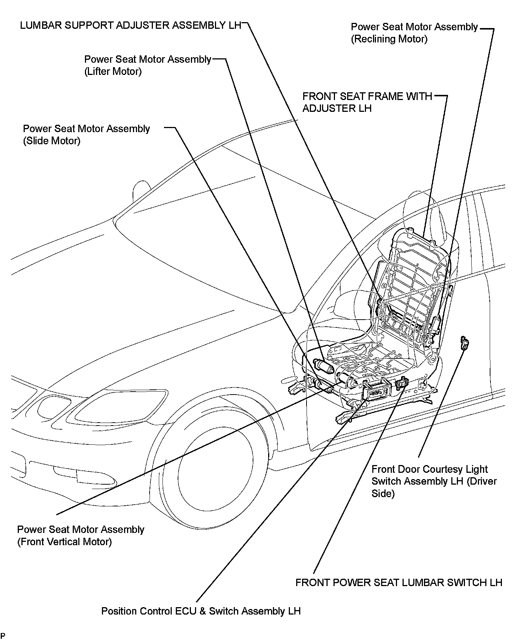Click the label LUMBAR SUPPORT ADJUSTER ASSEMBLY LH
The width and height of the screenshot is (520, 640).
(130, 25)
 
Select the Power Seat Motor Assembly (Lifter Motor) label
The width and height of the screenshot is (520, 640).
(147, 65)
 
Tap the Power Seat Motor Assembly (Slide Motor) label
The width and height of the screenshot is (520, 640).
(86, 135)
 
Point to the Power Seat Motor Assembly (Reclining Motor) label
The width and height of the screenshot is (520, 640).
(414, 33)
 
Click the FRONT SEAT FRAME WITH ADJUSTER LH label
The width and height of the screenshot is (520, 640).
(367, 102)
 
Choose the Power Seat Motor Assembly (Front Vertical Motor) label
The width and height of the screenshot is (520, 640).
(81, 536)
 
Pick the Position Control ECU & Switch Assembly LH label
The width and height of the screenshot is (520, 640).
(201, 611)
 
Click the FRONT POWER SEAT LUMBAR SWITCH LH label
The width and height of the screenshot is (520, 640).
(399, 582)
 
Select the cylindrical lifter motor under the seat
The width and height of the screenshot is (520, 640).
(323, 366)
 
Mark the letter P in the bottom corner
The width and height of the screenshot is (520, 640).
(3, 635)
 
